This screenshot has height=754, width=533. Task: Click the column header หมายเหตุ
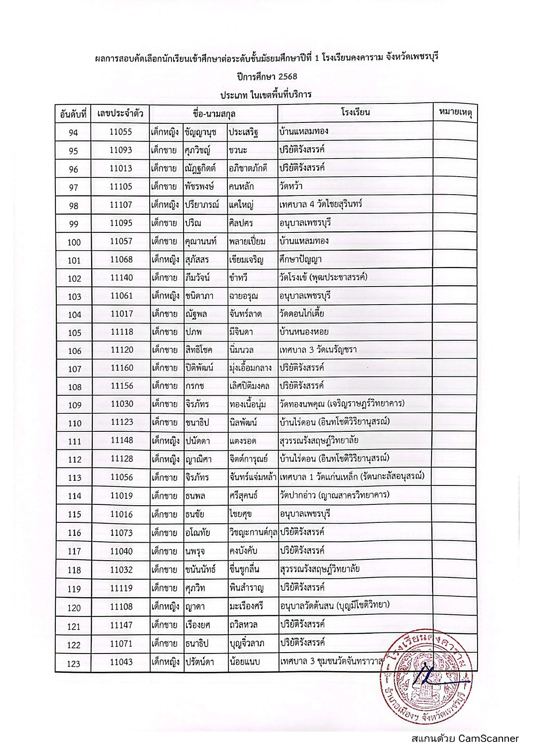[455, 113]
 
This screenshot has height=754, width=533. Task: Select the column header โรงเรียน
[355, 113]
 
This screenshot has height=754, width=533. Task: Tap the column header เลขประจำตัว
[120, 114]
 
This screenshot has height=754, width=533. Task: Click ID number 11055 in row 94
[121, 132]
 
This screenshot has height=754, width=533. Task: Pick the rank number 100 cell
[74, 242]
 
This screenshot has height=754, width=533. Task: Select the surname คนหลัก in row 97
[241, 186]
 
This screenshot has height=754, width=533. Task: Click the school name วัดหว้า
[291, 186]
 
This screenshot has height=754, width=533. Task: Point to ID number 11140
[122, 278]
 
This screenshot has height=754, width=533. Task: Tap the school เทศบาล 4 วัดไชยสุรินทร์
[320, 205]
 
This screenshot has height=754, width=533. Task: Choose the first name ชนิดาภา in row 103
[199, 296]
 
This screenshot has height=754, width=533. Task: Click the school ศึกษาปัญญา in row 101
[300, 259]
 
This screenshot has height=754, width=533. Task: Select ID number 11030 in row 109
[122, 404]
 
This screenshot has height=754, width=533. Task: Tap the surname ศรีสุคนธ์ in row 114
[243, 496]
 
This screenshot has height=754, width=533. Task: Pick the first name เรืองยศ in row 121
[198, 625]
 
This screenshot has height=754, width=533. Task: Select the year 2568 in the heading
[285, 76]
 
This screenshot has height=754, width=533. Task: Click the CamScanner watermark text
[465, 739]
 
